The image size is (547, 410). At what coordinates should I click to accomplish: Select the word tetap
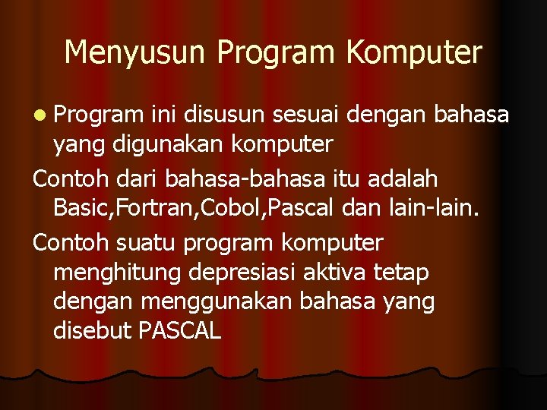403,272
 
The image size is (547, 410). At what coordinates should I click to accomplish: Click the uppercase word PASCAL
180,330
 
